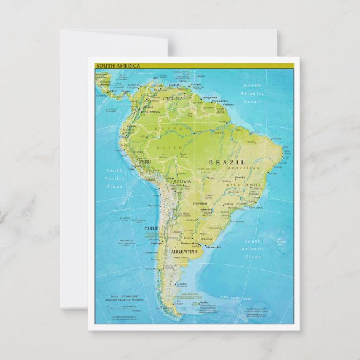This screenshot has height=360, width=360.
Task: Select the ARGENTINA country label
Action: pos(184,252)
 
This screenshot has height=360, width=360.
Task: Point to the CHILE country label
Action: pos(151,229)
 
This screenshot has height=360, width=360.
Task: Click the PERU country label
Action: pos(145,162)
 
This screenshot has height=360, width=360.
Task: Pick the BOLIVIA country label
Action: pos(182,182)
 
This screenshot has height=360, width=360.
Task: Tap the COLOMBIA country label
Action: pos(150,112)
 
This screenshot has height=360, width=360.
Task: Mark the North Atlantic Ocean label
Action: pos(252,93)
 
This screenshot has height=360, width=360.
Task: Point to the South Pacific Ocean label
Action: pos(114,178)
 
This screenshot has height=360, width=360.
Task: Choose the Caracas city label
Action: pos(175,85)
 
